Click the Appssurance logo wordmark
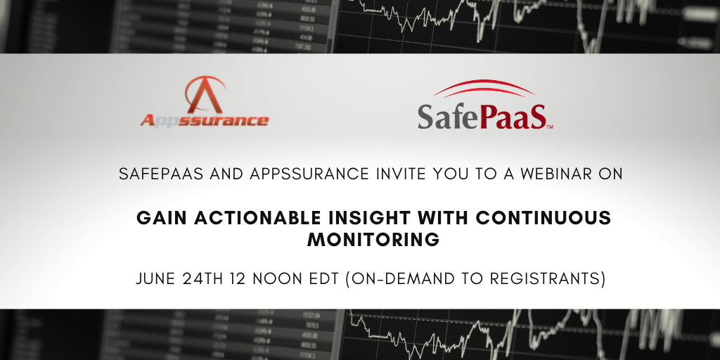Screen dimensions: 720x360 [205, 120]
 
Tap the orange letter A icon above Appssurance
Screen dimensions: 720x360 [205, 95]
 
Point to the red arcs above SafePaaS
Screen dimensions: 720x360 [484, 88]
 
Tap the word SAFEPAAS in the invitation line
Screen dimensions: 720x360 [161, 174]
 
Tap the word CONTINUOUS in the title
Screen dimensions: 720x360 [544, 218]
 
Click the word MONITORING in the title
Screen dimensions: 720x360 [373, 240]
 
